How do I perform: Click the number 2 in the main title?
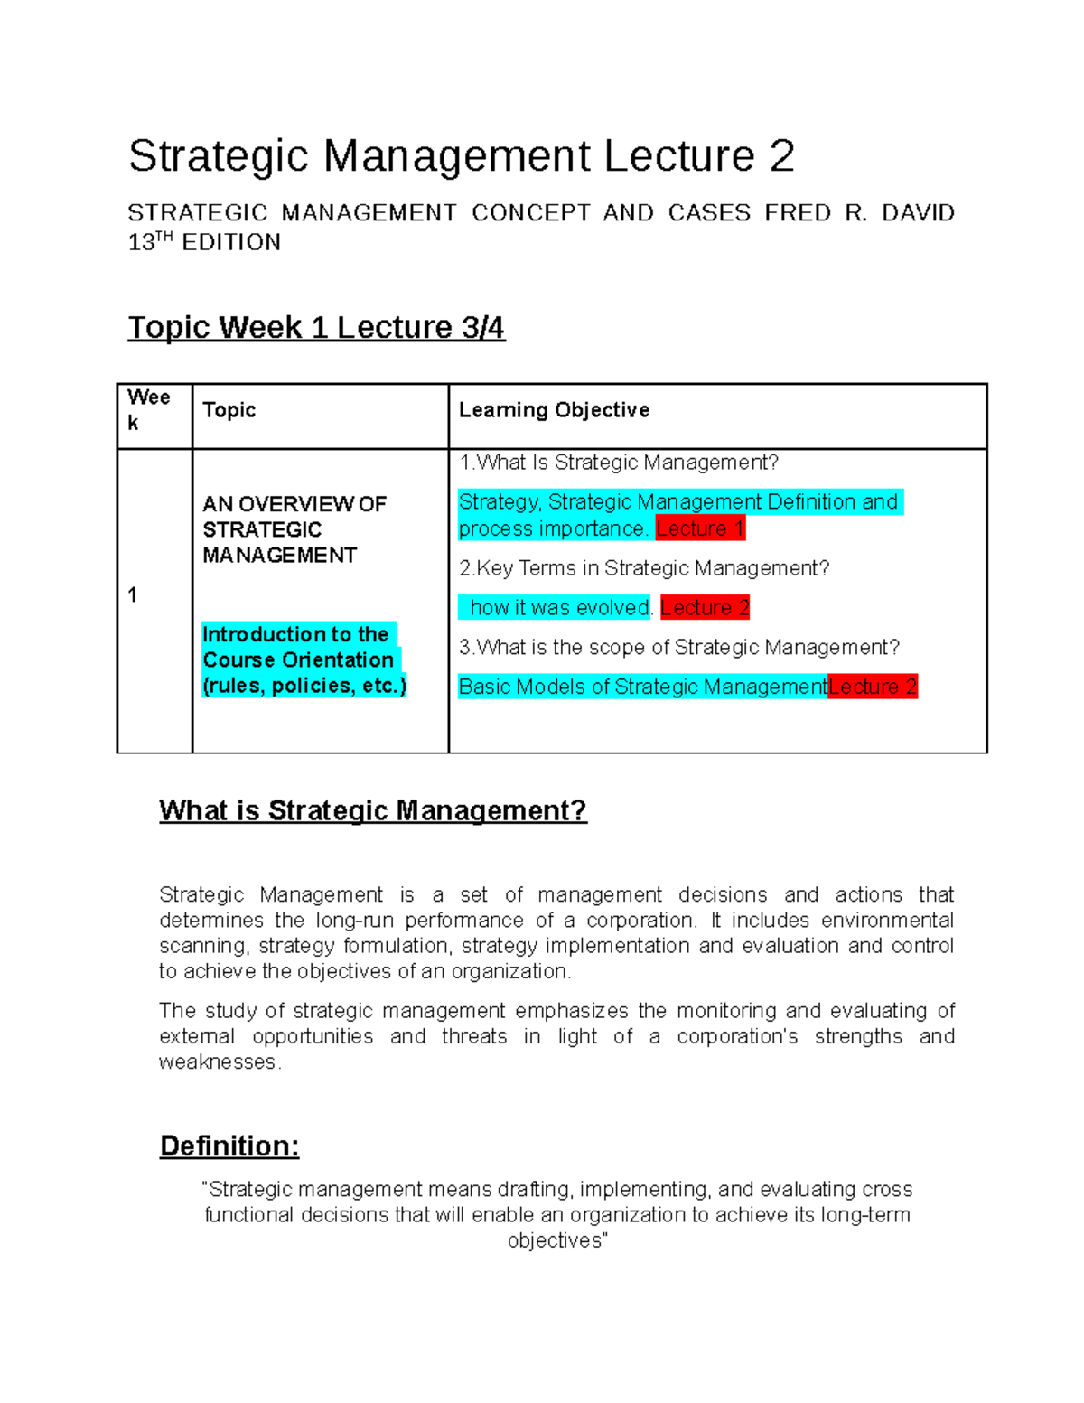point(781,156)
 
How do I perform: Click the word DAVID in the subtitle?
point(918,213)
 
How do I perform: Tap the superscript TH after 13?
point(164,238)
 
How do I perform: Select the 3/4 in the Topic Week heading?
point(482,327)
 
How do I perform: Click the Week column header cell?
point(149,409)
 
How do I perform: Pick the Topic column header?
point(229,410)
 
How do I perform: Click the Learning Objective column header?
point(554,410)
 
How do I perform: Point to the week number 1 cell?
point(133,595)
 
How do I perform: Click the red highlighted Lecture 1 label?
point(700,528)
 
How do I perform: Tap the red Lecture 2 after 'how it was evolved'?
point(705,608)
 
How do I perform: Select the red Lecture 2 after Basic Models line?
point(873,687)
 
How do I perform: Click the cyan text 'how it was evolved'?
point(560,608)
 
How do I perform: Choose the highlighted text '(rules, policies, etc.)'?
point(304,686)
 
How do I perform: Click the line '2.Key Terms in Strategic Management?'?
point(643,568)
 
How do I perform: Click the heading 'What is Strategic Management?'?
point(373,810)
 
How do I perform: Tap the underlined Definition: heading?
point(229,1146)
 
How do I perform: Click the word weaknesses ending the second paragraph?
point(218,1062)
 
